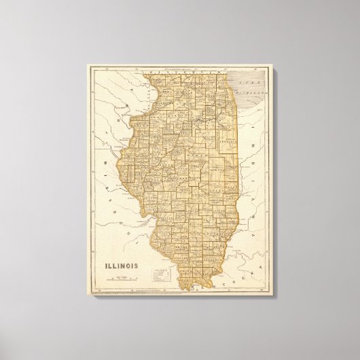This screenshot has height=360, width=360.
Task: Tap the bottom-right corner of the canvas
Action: tap(274, 296)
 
